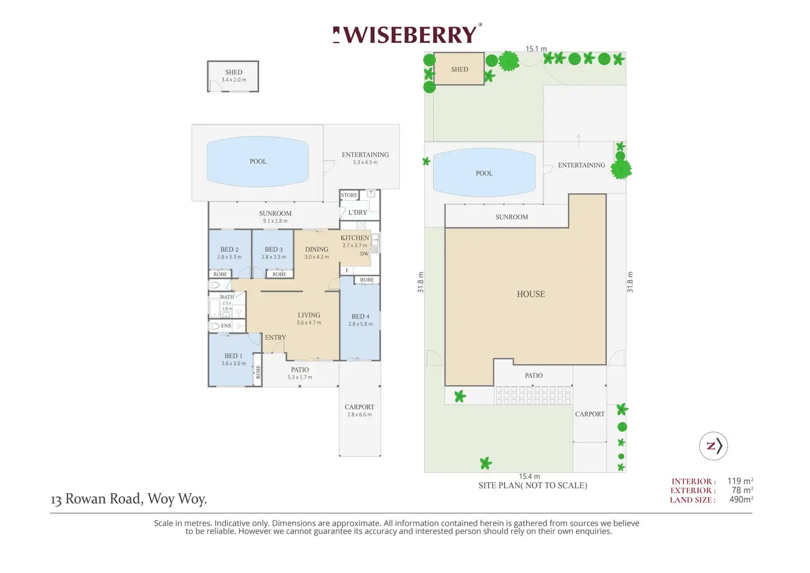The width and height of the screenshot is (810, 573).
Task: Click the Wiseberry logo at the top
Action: pyautogui.click(x=407, y=35)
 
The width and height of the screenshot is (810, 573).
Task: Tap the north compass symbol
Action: pyautogui.click(x=713, y=446)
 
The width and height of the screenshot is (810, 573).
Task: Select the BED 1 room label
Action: pyautogui.click(x=233, y=356)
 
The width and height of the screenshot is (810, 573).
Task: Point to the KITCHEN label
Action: pyautogui.click(x=354, y=238)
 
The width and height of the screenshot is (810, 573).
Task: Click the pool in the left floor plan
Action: pyautogui.click(x=258, y=161)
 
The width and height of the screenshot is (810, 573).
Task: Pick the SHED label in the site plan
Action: pyautogui.click(x=459, y=69)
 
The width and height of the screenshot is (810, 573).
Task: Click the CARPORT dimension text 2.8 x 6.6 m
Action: pyautogui.click(x=359, y=414)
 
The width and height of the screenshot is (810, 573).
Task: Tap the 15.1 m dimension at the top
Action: pyautogui.click(x=536, y=48)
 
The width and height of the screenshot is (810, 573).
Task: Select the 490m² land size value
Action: pyautogui.click(x=741, y=499)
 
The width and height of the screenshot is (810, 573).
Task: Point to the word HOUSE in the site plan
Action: pyautogui.click(x=530, y=294)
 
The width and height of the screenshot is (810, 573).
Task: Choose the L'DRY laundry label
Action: pyautogui.click(x=357, y=212)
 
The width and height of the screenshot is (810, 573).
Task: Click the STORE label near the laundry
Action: pyautogui.click(x=349, y=195)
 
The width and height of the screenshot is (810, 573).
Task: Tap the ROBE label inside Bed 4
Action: pyautogui.click(x=367, y=280)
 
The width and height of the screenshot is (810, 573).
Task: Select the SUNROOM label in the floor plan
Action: pyautogui.click(x=275, y=213)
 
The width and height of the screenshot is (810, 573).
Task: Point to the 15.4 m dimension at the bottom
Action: pyautogui.click(x=529, y=476)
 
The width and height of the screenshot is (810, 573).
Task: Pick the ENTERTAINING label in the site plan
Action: pyautogui.click(x=581, y=165)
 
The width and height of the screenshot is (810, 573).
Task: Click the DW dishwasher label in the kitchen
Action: pyautogui.click(x=364, y=254)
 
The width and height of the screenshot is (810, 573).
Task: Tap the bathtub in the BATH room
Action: pyautogui.click(x=215, y=307)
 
